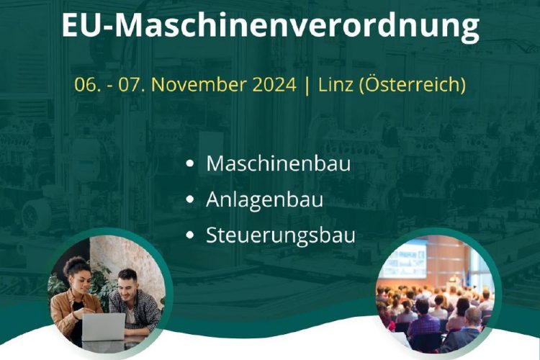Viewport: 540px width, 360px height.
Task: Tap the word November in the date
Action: point(224,84)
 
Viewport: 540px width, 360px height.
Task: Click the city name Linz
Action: point(336,84)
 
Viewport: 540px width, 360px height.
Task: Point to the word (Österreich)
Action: point(413,84)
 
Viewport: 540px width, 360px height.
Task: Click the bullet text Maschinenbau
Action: point(278,163)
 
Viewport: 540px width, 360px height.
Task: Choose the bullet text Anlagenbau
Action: point(264,199)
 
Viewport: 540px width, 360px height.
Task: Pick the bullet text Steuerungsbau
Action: point(280,235)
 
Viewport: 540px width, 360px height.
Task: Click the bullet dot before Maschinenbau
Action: point(190,163)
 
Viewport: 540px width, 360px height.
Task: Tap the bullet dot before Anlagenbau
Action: point(190,199)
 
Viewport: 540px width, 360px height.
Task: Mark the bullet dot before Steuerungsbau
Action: point(190,235)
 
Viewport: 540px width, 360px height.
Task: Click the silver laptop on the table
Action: point(103,327)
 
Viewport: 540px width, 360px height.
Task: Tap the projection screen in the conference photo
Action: point(404,259)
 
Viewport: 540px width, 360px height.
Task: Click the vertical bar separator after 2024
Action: point(307,85)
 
